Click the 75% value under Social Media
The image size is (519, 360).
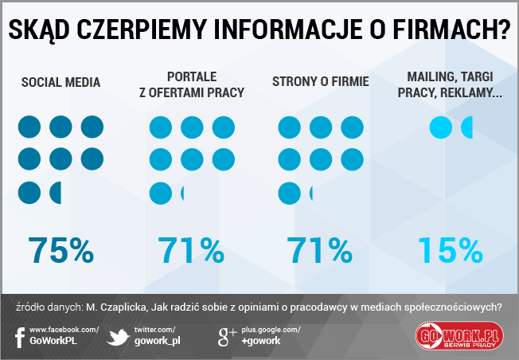pos(61,250)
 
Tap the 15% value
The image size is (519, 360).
pos(451,250)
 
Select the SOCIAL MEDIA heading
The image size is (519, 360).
pos(61,82)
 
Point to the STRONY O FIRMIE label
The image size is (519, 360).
pos(320,82)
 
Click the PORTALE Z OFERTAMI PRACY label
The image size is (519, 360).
pos(191,84)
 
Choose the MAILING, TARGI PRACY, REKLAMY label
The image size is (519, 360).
pos(451,84)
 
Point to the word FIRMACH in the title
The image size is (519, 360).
pos(450,29)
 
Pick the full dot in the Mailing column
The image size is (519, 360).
pos(439,127)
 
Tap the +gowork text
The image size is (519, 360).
pos(261,341)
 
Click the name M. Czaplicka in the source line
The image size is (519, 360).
pos(118,307)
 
